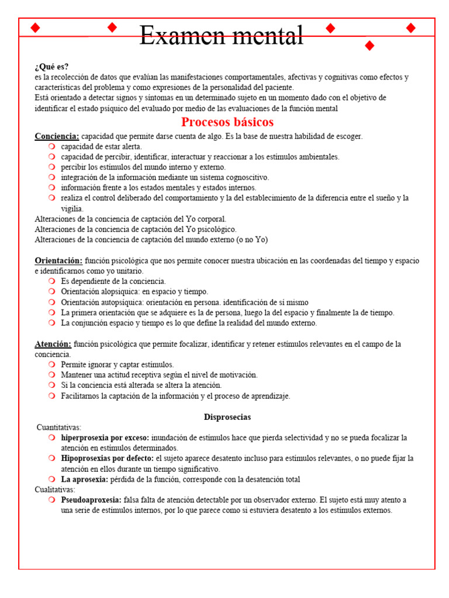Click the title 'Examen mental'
[222, 36]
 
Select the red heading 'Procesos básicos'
[227, 122]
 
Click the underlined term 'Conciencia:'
[57, 136]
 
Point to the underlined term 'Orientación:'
[58, 260]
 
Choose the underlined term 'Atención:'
[53, 344]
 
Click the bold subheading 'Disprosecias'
[227, 417]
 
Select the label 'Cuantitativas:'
[59, 427]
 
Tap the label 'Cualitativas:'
[55, 489]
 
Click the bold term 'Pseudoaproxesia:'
[91, 500]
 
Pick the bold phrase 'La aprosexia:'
[84, 479]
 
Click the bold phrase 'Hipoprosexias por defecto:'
[108, 458]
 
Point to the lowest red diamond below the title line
[369, 46]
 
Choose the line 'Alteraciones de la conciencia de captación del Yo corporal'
[130, 219]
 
